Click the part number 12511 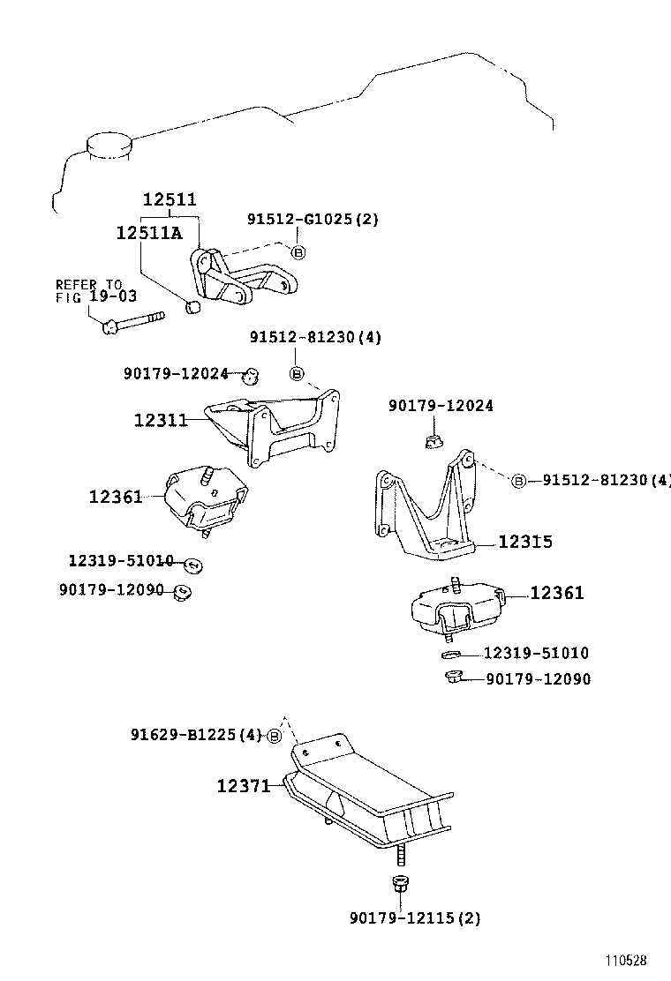click(x=170, y=200)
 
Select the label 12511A click(x=148, y=233)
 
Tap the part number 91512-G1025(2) click(x=313, y=220)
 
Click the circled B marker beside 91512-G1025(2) click(x=298, y=252)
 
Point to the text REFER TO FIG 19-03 click(x=88, y=291)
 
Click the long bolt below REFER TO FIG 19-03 click(x=132, y=322)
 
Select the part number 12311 click(x=161, y=421)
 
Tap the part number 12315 click(x=525, y=542)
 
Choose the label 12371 click(x=244, y=784)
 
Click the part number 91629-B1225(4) click(x=196, y=735)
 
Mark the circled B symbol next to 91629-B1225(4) click(x=275, y=737)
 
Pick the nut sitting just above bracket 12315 click(x=433, y=438)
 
